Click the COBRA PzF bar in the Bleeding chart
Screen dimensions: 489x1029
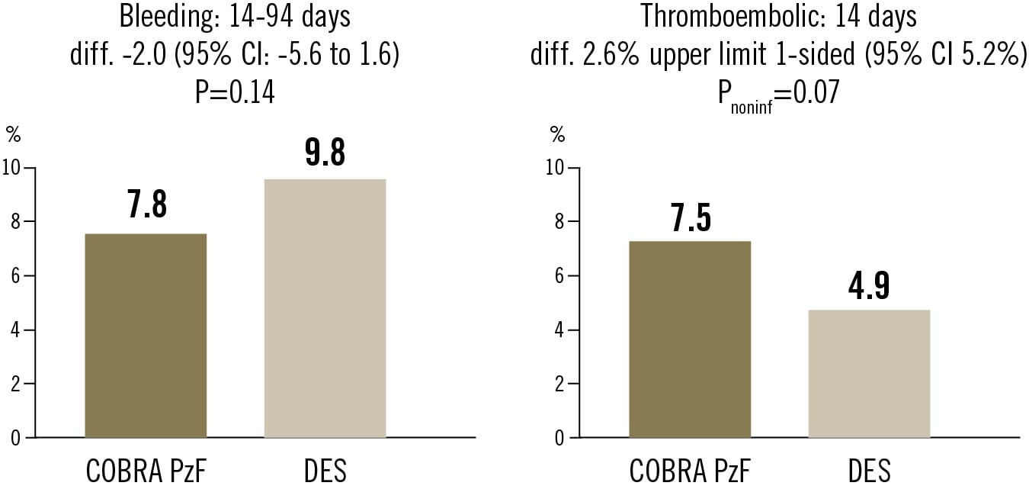tap(145, 336)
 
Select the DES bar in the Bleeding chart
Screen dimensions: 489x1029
tap(325, 308)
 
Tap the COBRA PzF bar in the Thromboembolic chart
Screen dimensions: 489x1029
tap(690, 339)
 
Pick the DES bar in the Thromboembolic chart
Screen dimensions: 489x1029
tap(869, 374)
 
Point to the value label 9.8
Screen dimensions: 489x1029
tap(325, 152)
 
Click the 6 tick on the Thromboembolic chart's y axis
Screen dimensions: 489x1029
tap(562, 276)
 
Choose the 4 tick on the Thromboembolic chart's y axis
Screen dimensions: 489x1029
tap(562, 330)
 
